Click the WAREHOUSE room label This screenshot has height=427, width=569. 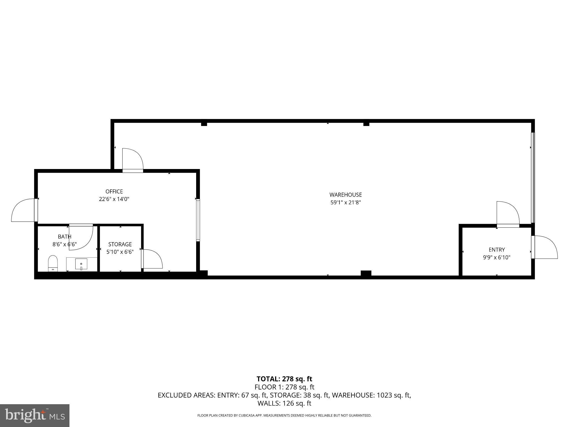346,195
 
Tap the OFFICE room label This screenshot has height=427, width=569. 114,192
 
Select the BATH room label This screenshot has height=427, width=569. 64,237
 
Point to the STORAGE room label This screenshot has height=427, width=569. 120,244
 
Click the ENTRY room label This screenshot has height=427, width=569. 497,250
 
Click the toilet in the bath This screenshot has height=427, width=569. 53,263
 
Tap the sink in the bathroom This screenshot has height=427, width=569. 81,264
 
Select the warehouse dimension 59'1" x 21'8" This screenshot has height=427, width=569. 346,203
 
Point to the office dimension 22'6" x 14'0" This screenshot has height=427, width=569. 114,199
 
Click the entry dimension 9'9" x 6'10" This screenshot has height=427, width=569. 497,257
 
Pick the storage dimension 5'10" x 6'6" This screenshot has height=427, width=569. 120,252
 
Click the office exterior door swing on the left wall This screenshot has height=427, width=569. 23,210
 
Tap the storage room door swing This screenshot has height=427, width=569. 152,259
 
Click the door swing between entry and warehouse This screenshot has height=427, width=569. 508,213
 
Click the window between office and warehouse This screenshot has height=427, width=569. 198,220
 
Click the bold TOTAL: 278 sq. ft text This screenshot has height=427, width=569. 284,379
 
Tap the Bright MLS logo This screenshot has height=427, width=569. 35,416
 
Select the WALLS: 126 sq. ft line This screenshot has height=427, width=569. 284,403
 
